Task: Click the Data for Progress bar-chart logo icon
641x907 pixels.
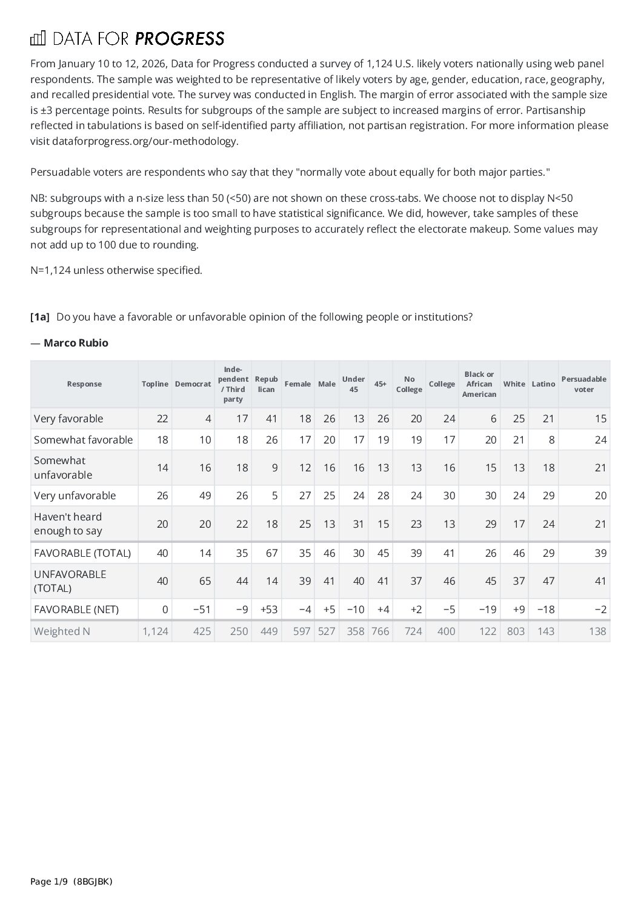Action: [38, 39]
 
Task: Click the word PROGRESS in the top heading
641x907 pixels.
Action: [179, 39]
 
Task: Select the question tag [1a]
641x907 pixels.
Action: [40, 317]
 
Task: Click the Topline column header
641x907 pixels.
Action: [154, 384]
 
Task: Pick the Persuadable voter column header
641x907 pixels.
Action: [583, 384]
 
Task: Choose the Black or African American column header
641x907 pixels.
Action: [479, 384]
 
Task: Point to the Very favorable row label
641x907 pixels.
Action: [68, 419]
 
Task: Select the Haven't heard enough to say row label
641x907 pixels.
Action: [68, 524]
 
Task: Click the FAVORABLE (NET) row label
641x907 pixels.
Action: [76, 610]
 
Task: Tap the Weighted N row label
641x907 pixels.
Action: [62, 631]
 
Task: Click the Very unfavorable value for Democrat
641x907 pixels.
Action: [205, 496]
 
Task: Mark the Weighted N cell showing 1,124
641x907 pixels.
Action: [155, 631]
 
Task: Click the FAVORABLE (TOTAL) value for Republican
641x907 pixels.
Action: [271, 553]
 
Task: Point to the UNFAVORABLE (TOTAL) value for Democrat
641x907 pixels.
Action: [205, 581]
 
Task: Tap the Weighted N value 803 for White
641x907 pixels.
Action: [515, 631]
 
